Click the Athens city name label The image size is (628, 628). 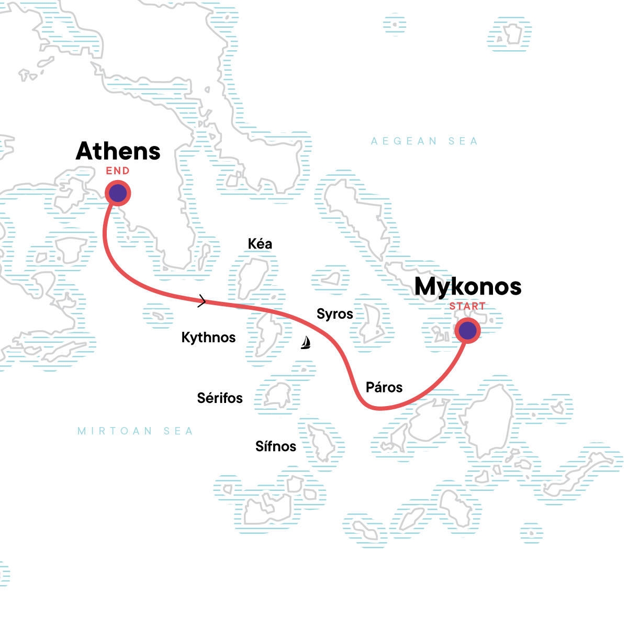pyautogui.click(x=118, y=151)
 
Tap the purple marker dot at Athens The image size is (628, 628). pyautogui.click(x=118, y=193)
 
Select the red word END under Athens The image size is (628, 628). pyautogui.click(x=118, y=171)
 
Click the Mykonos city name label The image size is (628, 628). pyautogui.click(x=468, y=287)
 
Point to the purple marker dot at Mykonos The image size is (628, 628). pyautogui.click(x=467, y=331)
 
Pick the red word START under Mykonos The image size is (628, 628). pyautogui.click(x=467, y=306)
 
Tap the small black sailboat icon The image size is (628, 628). pyautogui.click(x=306, y=343)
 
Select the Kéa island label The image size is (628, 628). pyautogui.click(x=260, y=244)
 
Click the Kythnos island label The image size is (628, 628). pyautogui.click(x=208, y=338)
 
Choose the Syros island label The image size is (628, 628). pyautogui.click(x=335, y=314)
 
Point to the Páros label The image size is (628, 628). pyautogui.click(x=384, y=388)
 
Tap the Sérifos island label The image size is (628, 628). pyautogui.click(x=220, y=398)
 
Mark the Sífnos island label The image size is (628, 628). pyautogui.click(x=276, y=446)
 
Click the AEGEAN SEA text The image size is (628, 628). pyautogui.click(x=424, y=141)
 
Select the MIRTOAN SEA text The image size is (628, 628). pyautogui.click(x=135, y=431)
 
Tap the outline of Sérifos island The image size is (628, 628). pyautogui.click(x=277, y=396)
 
